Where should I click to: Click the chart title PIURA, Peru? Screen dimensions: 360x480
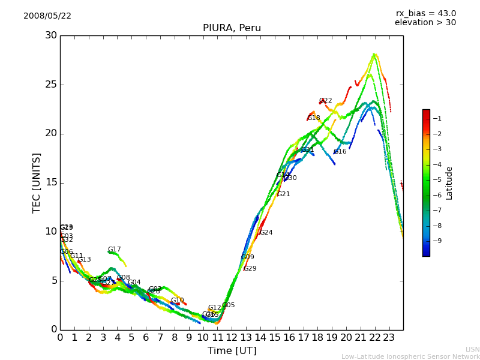(x=232, y=28)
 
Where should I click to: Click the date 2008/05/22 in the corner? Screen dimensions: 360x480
(x=47, y=16)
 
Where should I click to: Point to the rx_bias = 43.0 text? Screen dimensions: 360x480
(x=425, y=14)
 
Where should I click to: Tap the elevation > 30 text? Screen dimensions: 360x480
(x=425, y=23)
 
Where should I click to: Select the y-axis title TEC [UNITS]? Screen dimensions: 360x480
(x=37, y=182)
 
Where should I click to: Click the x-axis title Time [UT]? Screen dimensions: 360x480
(x=232, y=351)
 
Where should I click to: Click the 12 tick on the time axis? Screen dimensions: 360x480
(x=232, y=338)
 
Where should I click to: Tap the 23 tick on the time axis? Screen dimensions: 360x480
(x=389, y=338)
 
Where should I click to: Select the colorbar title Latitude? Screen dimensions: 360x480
(x=449, y=182)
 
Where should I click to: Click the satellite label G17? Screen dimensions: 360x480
(x=115, y=250)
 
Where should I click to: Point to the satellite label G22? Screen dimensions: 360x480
(x=326, y=101)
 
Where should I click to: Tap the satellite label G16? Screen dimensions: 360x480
(x=340, y=152)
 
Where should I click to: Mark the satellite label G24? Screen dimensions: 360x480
(x=266, y=233)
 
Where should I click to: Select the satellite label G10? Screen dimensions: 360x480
(x=178, y=301)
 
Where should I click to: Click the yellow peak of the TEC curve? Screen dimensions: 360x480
(x=374, y=55)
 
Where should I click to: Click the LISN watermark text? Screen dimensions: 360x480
(x=472, y=349)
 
